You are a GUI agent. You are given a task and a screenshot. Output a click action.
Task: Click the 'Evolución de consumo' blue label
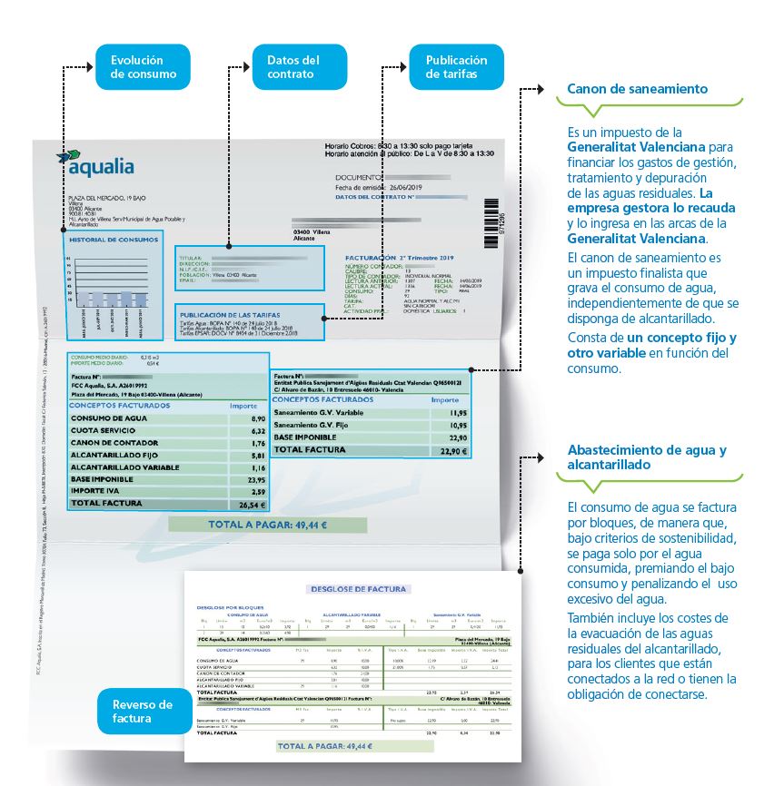point(143,67)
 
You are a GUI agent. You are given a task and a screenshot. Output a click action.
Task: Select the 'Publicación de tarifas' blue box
point(456,67)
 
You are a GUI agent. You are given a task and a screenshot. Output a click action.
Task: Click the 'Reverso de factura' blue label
point(142,712)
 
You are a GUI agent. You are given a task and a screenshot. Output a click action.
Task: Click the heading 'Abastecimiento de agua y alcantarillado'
point(646,457)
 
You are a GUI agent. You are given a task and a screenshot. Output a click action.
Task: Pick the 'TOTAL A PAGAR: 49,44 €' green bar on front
point(267,525)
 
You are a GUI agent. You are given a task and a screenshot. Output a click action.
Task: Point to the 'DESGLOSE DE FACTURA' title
point(358,588)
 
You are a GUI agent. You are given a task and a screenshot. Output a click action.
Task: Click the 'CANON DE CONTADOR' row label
point(110,443)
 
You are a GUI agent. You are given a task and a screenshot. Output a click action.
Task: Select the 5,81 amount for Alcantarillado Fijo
point(255,455)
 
